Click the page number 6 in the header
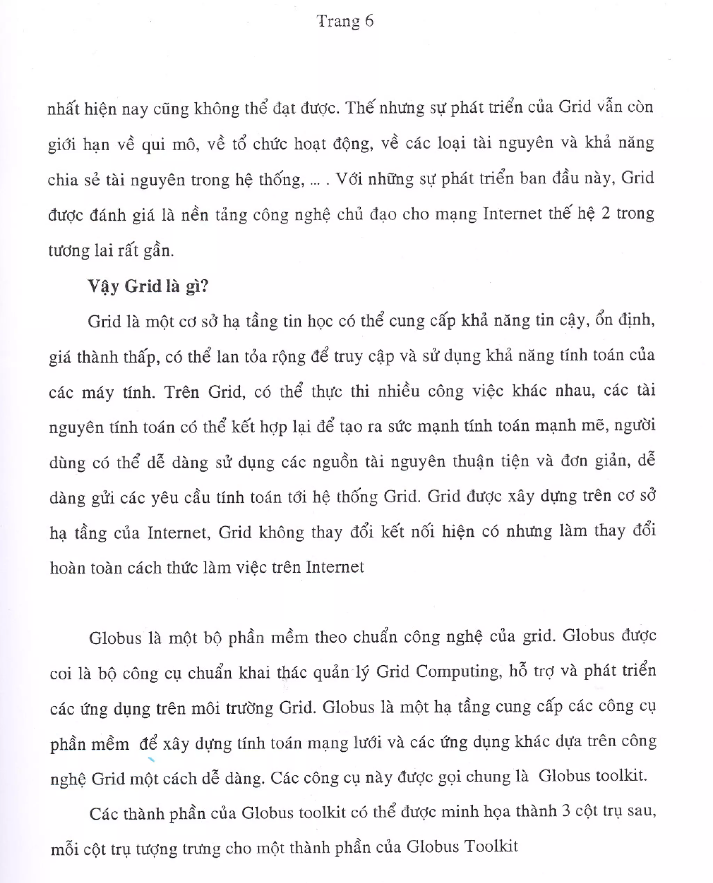pyautogui.click(x=368, y=21)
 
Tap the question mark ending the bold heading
pyautogui.click(x=204, y=286)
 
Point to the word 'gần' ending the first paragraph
pyautogui.click(x=158, y=250)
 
